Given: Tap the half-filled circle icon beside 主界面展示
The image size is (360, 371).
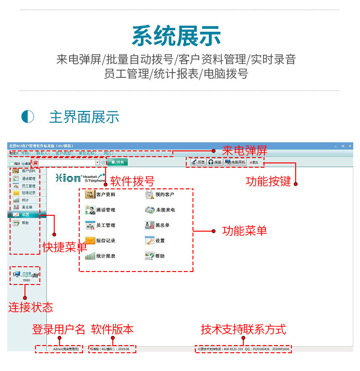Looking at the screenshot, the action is [28, 117].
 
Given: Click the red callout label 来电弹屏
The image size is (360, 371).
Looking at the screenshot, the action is [244, 150].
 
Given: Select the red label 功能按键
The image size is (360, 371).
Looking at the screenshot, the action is [268, 181].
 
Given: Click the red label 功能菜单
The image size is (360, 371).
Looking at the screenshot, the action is [244, 231].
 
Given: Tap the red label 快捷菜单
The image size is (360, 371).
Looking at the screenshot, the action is [65, 247].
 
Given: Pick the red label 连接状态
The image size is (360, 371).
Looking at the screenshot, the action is [31, 307].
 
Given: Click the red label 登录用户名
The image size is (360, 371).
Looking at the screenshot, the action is [59, 329].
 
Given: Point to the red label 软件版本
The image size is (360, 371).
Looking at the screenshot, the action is [112, 329].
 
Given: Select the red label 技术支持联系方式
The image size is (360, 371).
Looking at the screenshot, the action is [243, 329].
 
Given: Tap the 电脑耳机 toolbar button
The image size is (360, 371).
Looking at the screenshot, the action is [235, 162].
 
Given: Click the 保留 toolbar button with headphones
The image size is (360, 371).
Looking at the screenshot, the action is [215, 162].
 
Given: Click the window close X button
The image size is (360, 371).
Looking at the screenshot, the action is [349, 146].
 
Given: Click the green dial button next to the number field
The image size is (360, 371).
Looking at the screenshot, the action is [117, 162].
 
